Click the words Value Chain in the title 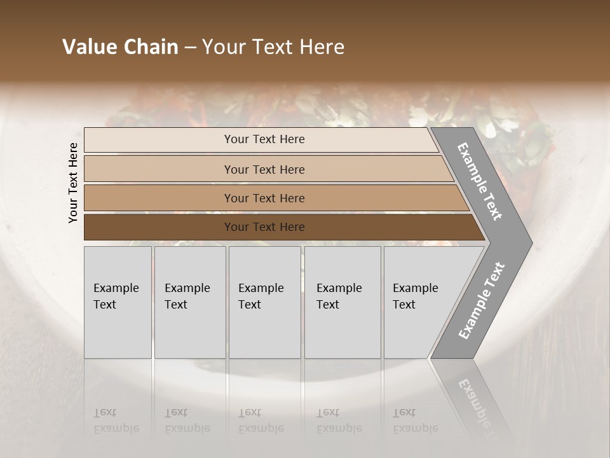120,47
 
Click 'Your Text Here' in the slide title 273,47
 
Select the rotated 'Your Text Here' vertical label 73,183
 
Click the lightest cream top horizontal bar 159,140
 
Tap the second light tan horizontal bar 159,169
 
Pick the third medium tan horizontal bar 159,198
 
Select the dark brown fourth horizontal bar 159,227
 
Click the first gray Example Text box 118,302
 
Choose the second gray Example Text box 189,302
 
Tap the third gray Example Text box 264,302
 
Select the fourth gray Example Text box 342,302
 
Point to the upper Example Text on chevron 480,181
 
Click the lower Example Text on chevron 482,300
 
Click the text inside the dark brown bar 264,227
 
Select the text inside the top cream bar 264,139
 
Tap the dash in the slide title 190,48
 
